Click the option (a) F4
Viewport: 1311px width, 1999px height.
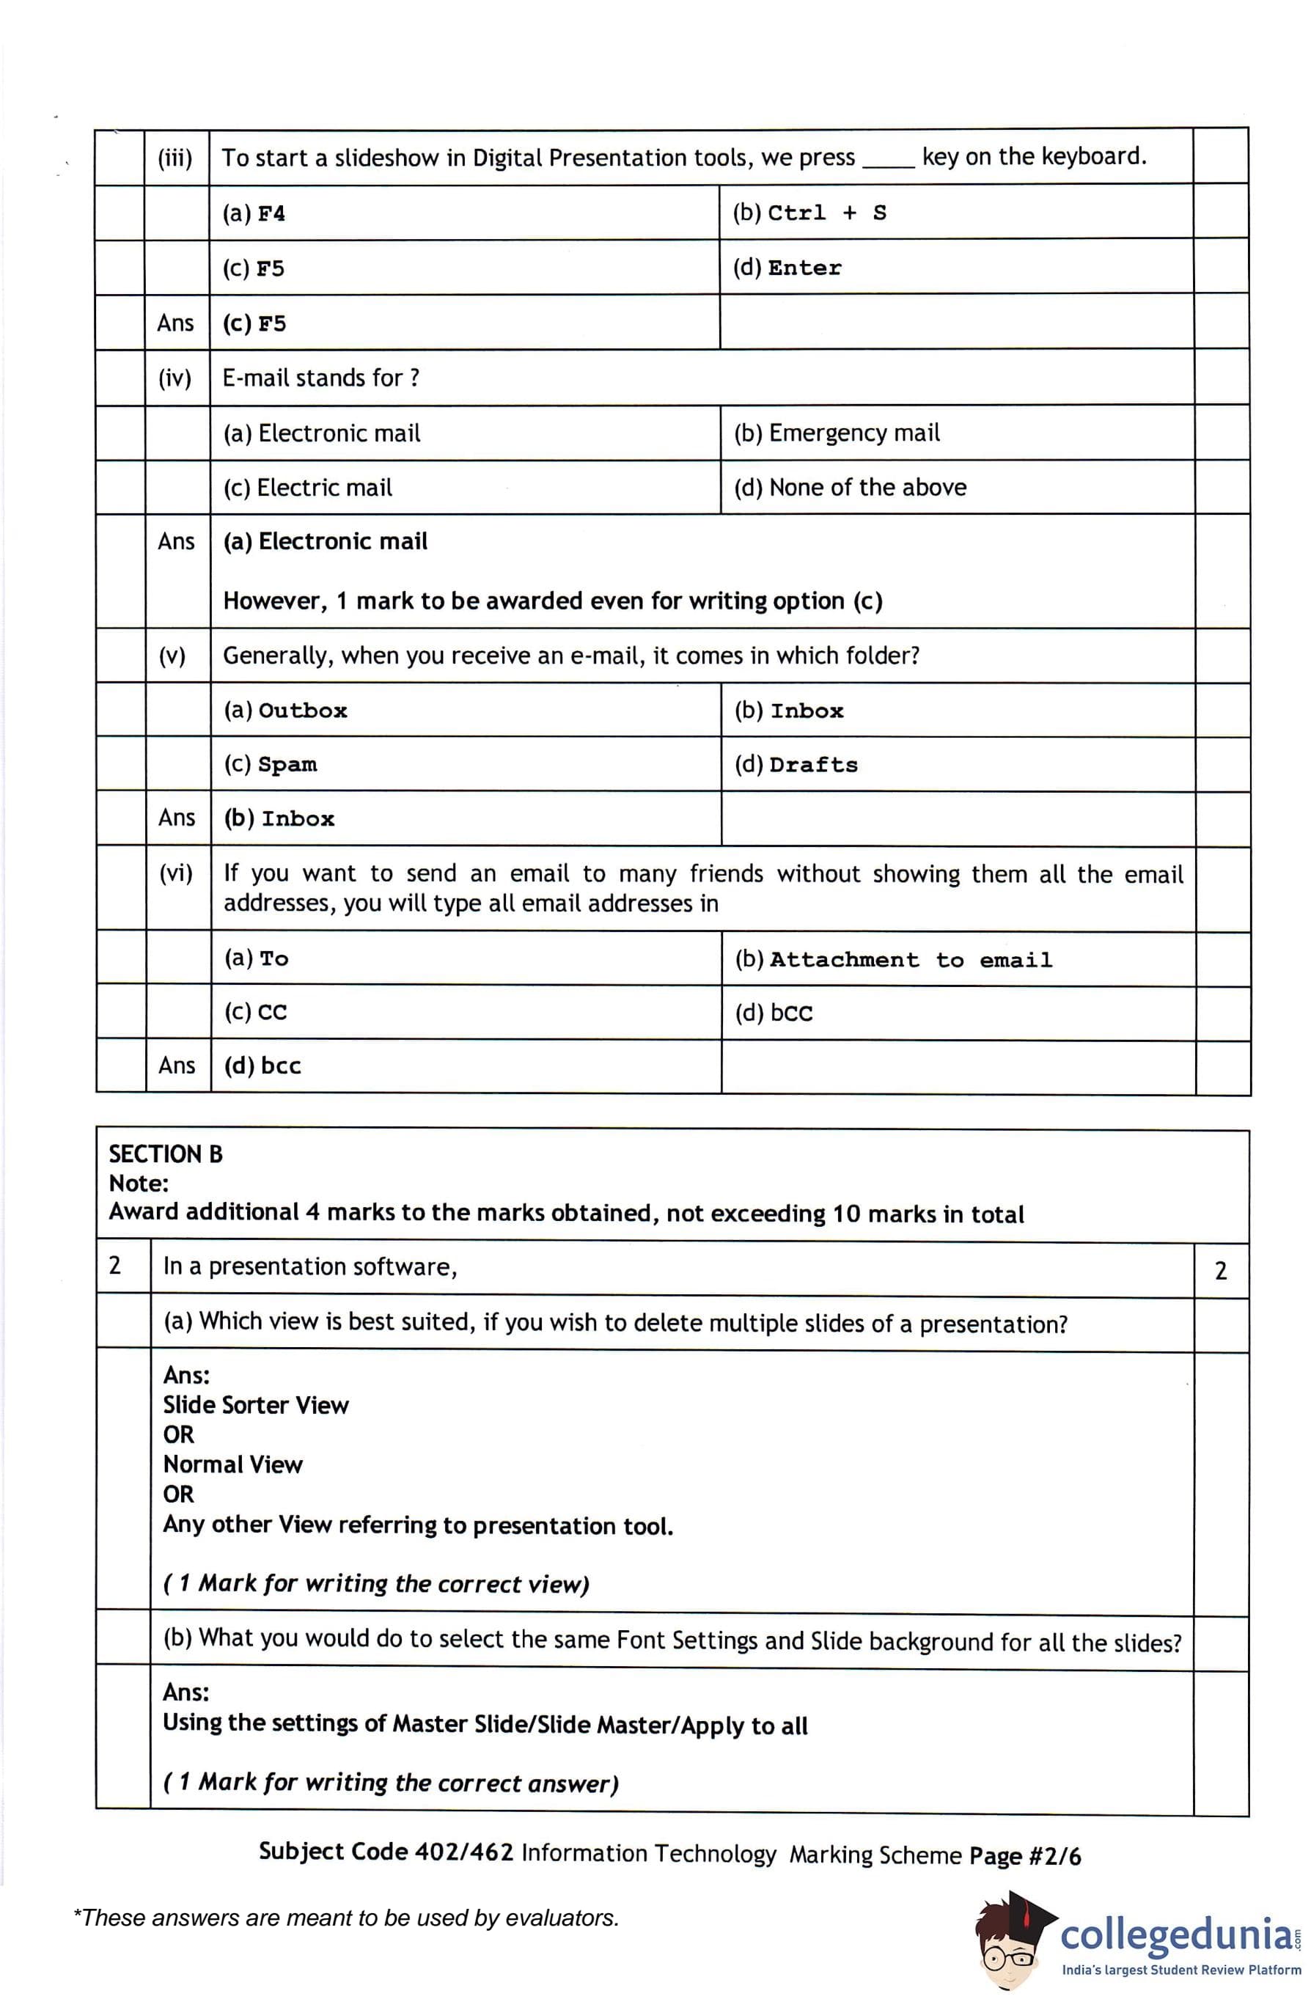(x=253, y=213)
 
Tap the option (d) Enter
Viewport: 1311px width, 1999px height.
(x=786, y=268)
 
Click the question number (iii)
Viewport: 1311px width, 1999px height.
(x=175, y=158)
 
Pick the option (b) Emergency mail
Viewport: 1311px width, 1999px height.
(x=837, y=433)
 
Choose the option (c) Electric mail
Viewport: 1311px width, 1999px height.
(x=307, y=488)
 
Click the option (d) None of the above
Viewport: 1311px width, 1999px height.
(x=850, y=488)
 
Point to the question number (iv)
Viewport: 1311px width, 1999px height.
(x=175, y=378)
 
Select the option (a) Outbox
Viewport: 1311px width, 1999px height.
(x=284, y=711)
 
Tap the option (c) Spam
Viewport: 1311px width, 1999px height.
(x=271, y=764)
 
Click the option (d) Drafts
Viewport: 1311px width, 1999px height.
(x=796, y=765)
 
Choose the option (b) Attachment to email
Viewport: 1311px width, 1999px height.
(x=893, y=959)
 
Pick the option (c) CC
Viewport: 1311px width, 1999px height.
(x=255, y=1012)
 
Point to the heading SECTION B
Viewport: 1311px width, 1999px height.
(x=166, y=1154)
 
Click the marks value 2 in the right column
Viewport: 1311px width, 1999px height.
(x=1220, y=1271)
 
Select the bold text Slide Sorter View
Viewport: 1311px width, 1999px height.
(x=255, y=1405)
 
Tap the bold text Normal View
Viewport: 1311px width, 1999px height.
(x=232, y=1465)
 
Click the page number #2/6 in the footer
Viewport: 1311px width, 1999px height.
(x=1055, y=1855)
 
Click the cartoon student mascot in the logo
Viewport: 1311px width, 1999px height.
(x=1012, y=1940)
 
